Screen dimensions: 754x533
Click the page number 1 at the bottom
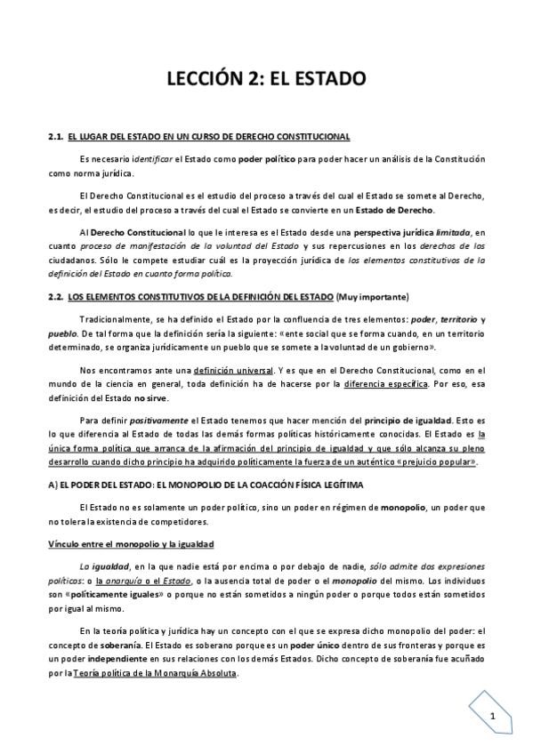point(492,717)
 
